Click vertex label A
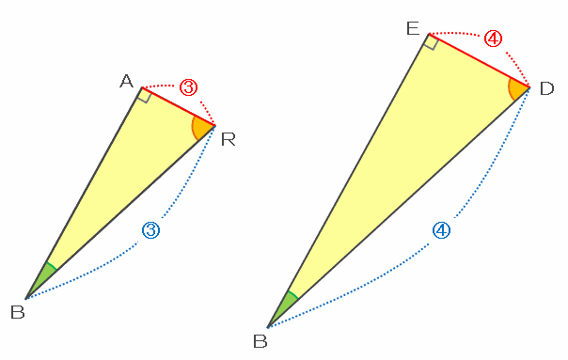[x=126, y=81]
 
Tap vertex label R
[x=229, y=139]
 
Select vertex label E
[x=413, y=28]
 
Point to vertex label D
[x=546, y=88]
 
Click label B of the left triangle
[x=17, y=312]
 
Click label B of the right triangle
[x=260, y=341]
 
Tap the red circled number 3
[x=189, y=87]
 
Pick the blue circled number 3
[x=150, y=230]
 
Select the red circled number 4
[x=494, y=39]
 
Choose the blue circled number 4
[x=442, y=230]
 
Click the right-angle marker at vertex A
[x=145, y=95]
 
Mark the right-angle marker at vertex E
[x=432, y=41]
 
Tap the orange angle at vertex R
[x=202, y=128]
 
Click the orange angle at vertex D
[x=518, y=89]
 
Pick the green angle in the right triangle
[x=285, y=306]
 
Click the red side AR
[x=179, y=106]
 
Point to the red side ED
[x=480, y=60]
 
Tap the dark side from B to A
[x=84, y=193]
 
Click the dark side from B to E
[x=349, y=180]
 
